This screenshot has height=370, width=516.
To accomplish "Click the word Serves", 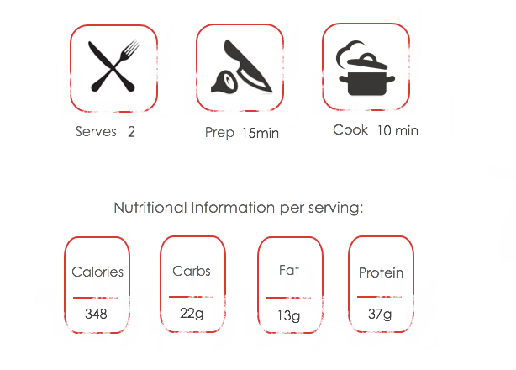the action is tap(96, 132).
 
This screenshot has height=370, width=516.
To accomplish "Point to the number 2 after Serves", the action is tap(131, 132).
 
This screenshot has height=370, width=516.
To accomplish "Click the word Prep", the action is tap(219, 133).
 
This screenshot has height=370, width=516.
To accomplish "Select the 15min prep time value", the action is tap(261, 134).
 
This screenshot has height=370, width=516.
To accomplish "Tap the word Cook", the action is tap(350, 130).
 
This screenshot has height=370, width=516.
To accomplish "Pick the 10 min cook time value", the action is tap(398, 130).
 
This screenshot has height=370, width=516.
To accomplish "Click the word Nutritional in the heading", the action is tap(150, 208).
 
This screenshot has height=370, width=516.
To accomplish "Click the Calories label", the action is tap(97, 272).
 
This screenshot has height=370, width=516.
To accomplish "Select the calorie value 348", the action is tap(96, 314).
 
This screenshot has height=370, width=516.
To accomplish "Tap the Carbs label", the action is tap(192, 272).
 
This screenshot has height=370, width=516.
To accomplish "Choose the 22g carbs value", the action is tap(192, 314).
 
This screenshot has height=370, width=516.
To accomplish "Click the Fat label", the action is tap(289, 270).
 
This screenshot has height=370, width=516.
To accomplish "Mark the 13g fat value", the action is tap(288, 315).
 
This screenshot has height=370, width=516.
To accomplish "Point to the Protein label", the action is tap(381, 272).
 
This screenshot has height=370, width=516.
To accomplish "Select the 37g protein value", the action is tap(380, 314).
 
